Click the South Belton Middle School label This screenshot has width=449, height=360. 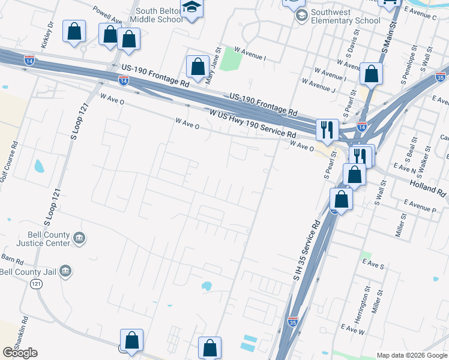tap(158, 15)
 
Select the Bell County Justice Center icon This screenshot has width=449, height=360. tap(79, 239)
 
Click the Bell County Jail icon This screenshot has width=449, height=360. tap(66, 272)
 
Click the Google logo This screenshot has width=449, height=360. tap(20, 353)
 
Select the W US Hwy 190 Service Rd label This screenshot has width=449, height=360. tap(253, 124)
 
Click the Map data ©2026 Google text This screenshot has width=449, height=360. tap(412, 355)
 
